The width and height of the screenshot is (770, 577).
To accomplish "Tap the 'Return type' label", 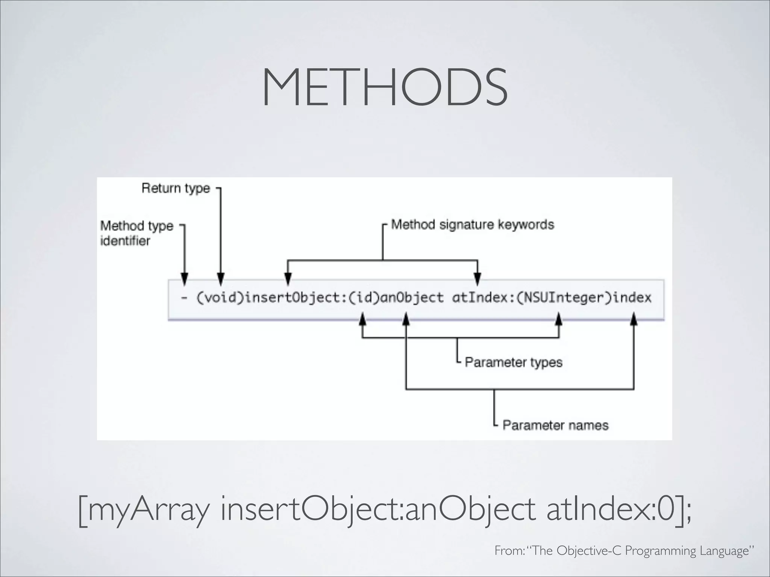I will pyautogui.click(x=176, y=188).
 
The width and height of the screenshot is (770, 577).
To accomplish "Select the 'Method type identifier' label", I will pyautogui.click(x=136, y=233).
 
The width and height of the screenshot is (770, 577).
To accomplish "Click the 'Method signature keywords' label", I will pyautogui.click(x=473, y=225).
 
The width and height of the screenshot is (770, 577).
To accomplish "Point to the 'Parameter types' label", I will pyautogui.click(x=514, y=362).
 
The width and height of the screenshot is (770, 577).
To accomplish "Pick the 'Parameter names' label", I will pyautogui.click(x=555, y=425).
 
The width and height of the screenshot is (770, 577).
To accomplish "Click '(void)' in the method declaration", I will pyautogui.click(x=220, y=298).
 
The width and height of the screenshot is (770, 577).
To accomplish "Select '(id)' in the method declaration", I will pyautogui.click(x=364, y=298).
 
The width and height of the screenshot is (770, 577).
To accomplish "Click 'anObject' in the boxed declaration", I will pyautogui.click(x=412, y=298).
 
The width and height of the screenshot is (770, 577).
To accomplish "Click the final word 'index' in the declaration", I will pyautogui.click(x=632, y=298).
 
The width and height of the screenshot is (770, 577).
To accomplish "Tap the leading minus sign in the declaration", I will pyautogui.click(x=184, y=298).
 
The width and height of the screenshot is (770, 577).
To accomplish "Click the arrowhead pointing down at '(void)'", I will pyautogui.click(x=221, y=279).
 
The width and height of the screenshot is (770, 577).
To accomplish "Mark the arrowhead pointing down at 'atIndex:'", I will pyautogui.click(x=477, y=279).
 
